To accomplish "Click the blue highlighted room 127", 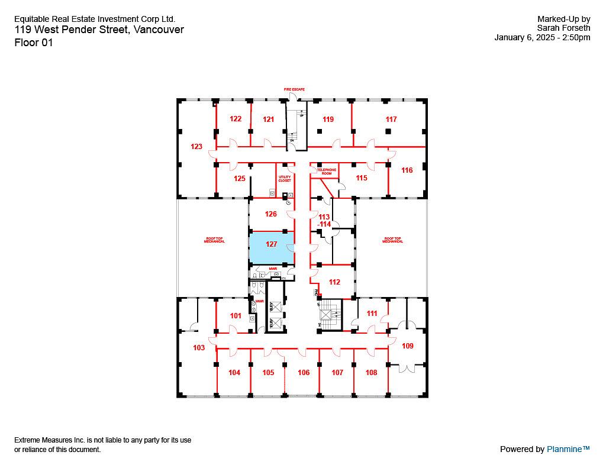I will [x=272, y=248].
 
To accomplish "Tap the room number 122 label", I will [x=236, y=119].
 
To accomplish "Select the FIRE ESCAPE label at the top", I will [x=294, y=89].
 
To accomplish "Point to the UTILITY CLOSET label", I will [x=285, y=179].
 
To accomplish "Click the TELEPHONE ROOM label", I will [x=326, y=172].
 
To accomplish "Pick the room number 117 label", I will [x=391, y=120].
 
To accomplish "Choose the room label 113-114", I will [x=324, y=221].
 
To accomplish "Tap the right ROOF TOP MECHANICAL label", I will [x=392, y=240].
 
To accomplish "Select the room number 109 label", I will [x=408, y=346].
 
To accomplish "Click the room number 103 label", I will [x=199, y=348].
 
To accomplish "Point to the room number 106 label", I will [x=304, y=373].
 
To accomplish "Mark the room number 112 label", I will [x=334, y=282].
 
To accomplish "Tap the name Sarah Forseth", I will [x=563, y=27].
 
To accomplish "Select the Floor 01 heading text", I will [x=34, y=43].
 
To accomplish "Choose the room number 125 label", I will [x=239, y=178].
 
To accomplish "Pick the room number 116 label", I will [x=407, y=170].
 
